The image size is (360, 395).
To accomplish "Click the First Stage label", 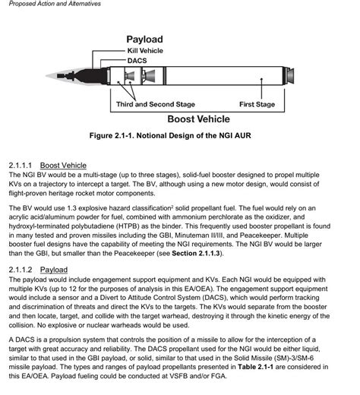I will tap(257, 104).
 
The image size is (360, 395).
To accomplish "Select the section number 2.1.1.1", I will tap(21, 166).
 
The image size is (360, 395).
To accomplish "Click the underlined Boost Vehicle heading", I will tap(63, 166).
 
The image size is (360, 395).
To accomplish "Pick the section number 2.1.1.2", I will tap(21, 270).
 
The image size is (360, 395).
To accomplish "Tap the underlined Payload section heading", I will tap(54, 270).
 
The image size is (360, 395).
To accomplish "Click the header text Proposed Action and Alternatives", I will tap(48, 5).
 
